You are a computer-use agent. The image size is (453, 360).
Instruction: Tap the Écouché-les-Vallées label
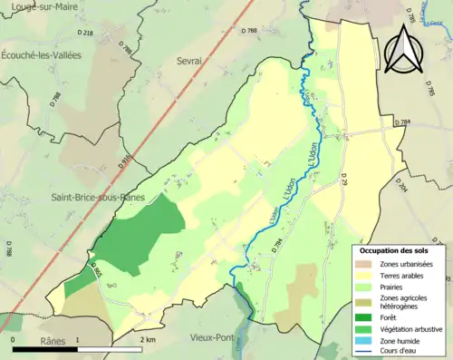click(41, 55)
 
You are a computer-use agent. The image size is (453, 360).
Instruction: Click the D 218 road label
click(87, 33)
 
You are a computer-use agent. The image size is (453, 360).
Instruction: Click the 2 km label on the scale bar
click(148, 341)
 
